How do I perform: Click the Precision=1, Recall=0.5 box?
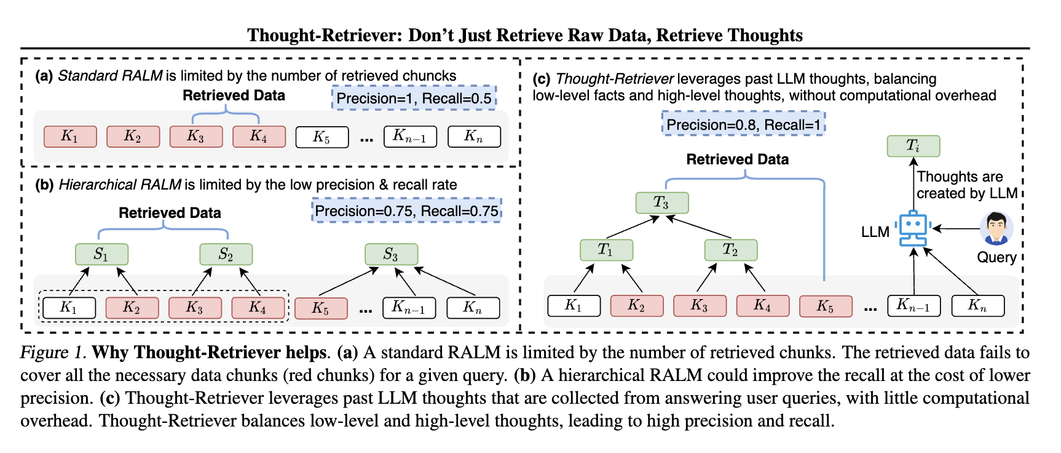coord(414,98)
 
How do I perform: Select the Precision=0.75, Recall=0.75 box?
coord(406,211)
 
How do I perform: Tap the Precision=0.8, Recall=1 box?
coord(743,125)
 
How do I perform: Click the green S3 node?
coord(391,254)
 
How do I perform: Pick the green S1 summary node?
coord(101,254)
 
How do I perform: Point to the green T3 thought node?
coord(661,202)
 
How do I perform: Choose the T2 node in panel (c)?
coord(730,250)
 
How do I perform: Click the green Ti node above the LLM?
coord(913,146)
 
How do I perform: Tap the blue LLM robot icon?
coord(913,229)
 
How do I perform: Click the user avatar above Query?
coord(996,228)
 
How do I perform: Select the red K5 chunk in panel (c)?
coord(826,306)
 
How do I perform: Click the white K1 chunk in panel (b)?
coord(69,308)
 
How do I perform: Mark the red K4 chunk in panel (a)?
coord(259,137)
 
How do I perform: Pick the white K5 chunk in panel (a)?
coord(321,137)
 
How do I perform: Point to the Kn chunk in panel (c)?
coord(977,305)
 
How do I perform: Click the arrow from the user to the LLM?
coord(956,229)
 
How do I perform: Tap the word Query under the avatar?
coord(996,257)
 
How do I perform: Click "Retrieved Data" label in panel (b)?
coord(170,213)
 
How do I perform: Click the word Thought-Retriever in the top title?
coord(324,35)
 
